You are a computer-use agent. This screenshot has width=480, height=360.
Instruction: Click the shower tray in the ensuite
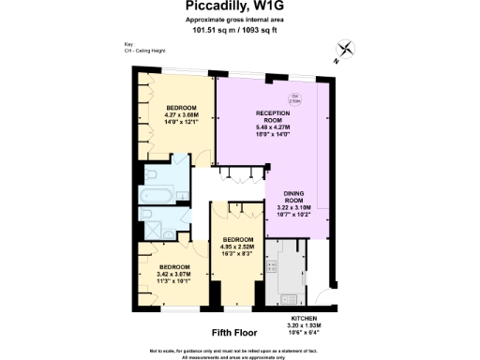tap(150, 220)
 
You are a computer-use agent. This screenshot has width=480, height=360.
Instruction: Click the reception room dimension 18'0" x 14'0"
tap(271, 134)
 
